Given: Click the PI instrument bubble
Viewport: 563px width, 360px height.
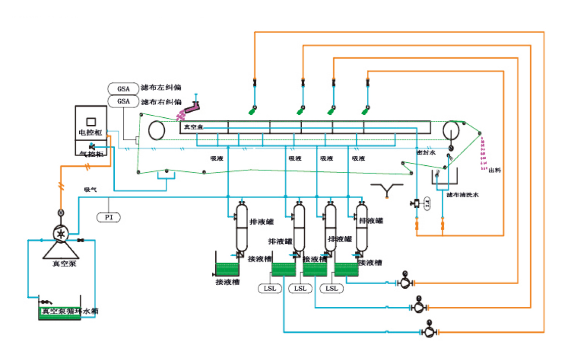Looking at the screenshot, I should tap(109, 217).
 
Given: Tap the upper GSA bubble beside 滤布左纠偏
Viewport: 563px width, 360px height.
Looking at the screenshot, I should tap(123, 88).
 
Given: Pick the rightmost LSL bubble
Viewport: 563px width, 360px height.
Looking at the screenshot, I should tap(332, 289).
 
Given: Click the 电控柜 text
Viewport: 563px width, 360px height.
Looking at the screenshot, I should tap(91, 133).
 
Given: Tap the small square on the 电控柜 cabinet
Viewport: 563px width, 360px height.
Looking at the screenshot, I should tap(91, 121).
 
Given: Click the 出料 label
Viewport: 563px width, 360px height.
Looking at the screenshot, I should tap(495, 170).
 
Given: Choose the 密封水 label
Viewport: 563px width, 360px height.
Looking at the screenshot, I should tap(426, 152).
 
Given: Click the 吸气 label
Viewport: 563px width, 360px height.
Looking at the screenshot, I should tap(90, 190).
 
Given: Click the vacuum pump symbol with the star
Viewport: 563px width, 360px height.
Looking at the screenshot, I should tap(61, 234).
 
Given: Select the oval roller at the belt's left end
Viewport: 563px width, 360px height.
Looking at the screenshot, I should tap(157, 131).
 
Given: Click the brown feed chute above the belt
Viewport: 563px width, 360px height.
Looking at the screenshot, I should tap(192, 107).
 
